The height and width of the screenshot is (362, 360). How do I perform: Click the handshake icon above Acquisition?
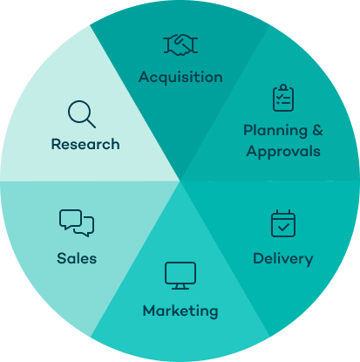[x=180, y=44]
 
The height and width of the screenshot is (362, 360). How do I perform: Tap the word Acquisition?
[x=180, y=78]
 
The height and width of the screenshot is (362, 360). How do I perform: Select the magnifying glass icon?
[x=82, y=114]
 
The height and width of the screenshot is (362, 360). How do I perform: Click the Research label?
[x=85, y=144]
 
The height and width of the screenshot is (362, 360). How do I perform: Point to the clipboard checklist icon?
[x=283, y=98]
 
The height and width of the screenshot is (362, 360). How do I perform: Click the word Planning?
[x=275, y=131]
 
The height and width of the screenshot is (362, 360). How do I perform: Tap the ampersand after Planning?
[x=317, y=130]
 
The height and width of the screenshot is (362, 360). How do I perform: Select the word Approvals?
[x=283, y=152]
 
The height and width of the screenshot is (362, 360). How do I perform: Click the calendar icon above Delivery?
[x=283, y=223]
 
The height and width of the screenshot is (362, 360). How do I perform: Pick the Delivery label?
[x=283, y=259]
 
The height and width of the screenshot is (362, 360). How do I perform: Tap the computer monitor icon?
[x=180, y=276]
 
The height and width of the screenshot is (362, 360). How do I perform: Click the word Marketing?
[x=180, y=311]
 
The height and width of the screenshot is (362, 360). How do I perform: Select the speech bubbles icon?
[x=77, y=223]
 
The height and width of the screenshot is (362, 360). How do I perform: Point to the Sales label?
[x=77, y=258]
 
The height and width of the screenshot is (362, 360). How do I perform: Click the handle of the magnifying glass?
[x=92, y=123]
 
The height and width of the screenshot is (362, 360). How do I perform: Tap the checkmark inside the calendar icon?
[x=283, y=227]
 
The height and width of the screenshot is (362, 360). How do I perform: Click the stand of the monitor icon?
[x=180, y=286]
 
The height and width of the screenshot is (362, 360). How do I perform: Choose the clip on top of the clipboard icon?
[x=283, y=87]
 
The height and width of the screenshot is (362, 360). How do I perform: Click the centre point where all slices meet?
[x=180, y=181]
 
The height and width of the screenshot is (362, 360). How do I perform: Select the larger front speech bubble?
[x=71, y=219]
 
